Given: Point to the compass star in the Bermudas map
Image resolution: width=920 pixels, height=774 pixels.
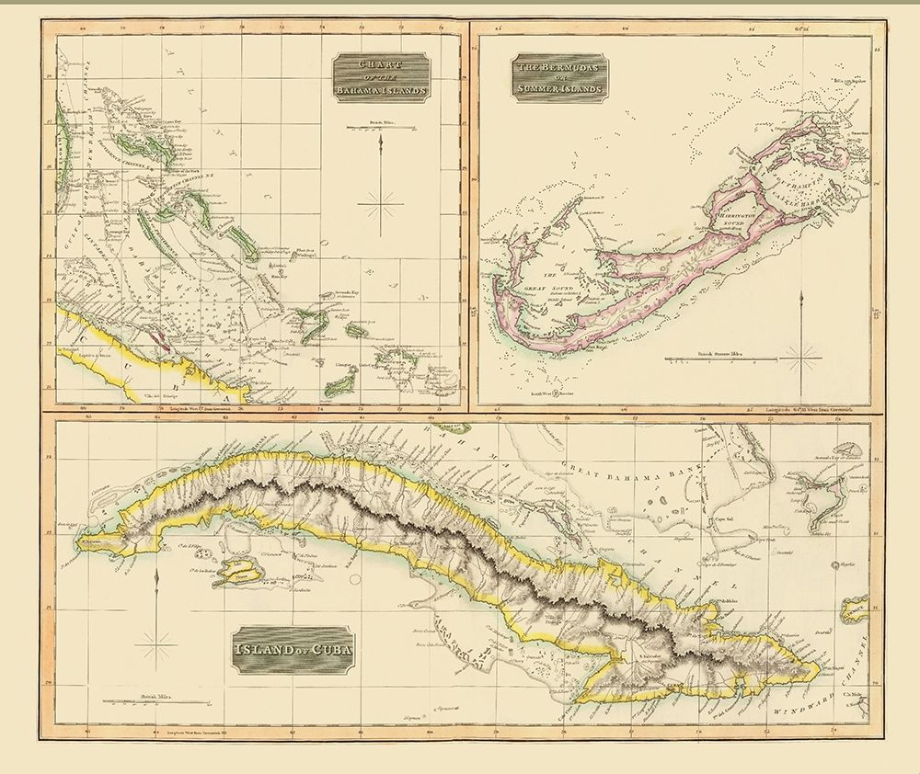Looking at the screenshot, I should (x=803, y=354).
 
